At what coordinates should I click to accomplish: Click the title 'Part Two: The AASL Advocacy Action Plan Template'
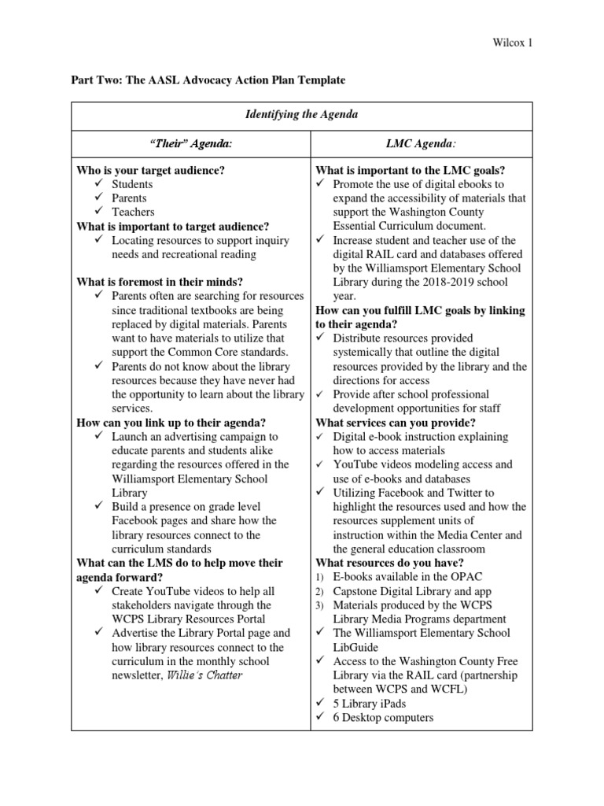[x=210, y=80]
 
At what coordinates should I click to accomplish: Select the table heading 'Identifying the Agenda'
[x=301, y=115]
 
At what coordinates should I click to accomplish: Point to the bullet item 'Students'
[x=131, y=184]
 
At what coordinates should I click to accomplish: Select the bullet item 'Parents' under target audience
[x=129, y=198]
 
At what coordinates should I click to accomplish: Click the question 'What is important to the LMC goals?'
[x=410, y=170]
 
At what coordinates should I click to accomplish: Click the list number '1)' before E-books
[x=320, y=578]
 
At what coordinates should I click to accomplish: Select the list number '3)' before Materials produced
[x=320, y=606]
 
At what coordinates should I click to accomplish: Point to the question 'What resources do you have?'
[x=389, y=564]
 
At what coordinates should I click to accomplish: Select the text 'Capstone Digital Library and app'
[x=411, y=592]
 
